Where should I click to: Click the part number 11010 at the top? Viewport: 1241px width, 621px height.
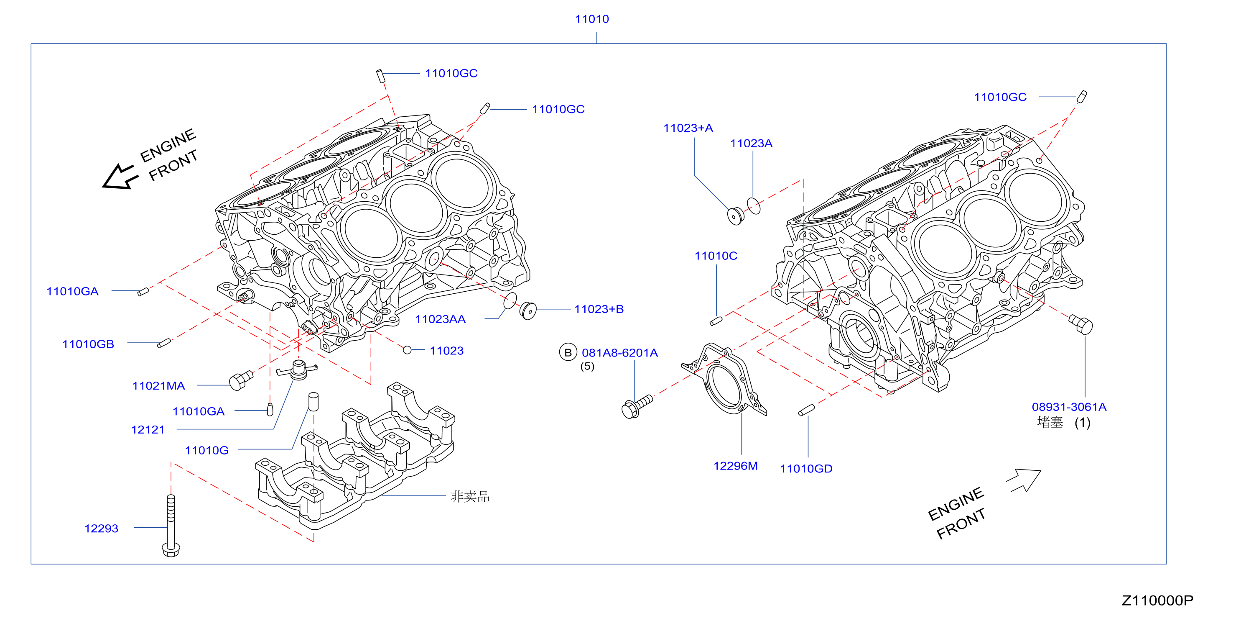tap(591, 19)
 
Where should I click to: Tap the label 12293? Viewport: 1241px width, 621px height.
tap(101, 529)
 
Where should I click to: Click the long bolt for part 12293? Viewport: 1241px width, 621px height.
tap(171, 526)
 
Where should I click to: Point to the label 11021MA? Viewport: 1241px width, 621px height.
tap(158, 386)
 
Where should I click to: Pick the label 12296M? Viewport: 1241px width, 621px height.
tap(735, 466)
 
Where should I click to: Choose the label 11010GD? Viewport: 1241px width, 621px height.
tap(806, 469)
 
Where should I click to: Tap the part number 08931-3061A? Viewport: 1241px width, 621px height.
tap(1069, 407)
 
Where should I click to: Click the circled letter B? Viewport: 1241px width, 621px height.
tap(568, 352)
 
